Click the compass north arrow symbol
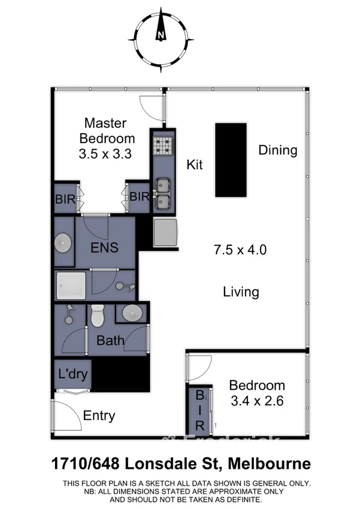[x=161, y=35]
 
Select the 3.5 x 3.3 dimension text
[x=105, y=153]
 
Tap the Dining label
[x=278, y=150]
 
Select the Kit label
[x=195, y=164]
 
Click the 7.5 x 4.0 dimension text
[x=241, y=248]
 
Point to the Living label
[x=241, y=292]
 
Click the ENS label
[x=104, y=247]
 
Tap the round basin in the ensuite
[x=62, y=244]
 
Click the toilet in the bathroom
[x=97, y=315]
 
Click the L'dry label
[x=73, y=375]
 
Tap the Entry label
[x=99, y=415]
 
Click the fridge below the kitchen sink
[x=165, y=233]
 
